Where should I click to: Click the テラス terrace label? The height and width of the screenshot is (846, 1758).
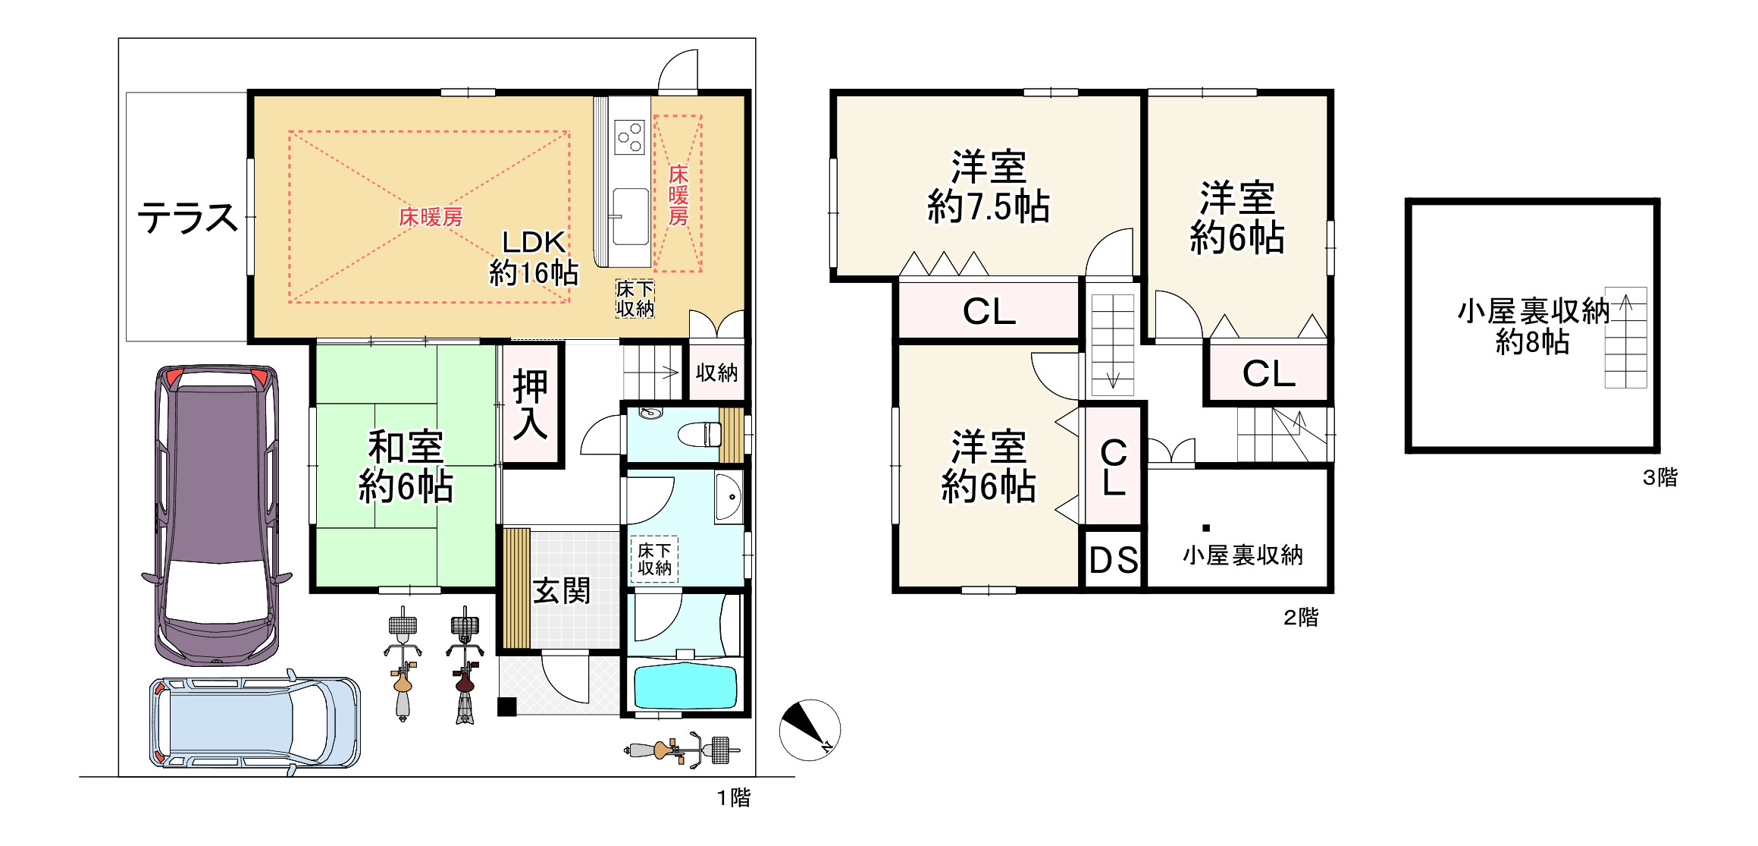tap(187, 218)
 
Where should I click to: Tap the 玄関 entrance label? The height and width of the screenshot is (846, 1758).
tap(562, 591)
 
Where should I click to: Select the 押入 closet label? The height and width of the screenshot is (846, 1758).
tap(531, 405)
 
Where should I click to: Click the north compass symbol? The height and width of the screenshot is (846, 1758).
tap(810, 730)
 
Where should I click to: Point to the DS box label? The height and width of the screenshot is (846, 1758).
tap(1114, 561)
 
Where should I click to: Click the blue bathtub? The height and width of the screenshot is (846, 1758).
tap(685, 687)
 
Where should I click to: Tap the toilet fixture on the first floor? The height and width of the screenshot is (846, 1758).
tap(699, 435)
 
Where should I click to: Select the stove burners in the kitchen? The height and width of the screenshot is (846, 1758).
tap(630, 137)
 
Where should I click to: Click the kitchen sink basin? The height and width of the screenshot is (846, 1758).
tap(630, 216)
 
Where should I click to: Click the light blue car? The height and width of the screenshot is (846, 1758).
tap(255, 723)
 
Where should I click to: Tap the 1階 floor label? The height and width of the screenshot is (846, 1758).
tap(734, 797)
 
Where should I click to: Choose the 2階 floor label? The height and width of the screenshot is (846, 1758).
tap(1301, 618)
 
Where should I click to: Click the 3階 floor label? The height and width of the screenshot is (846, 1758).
tap(1660, 477)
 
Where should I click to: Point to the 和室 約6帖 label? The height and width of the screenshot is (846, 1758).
tap(406, 467)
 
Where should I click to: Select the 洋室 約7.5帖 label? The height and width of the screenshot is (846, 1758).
tap(989, 187)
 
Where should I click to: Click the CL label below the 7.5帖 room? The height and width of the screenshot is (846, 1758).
tap(989, 311)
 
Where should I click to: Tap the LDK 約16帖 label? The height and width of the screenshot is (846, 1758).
tap(534, 258)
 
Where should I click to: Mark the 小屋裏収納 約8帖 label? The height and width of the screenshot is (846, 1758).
tap(1533, 326)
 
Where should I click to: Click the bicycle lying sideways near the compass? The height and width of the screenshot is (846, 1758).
tap(682, 750)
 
